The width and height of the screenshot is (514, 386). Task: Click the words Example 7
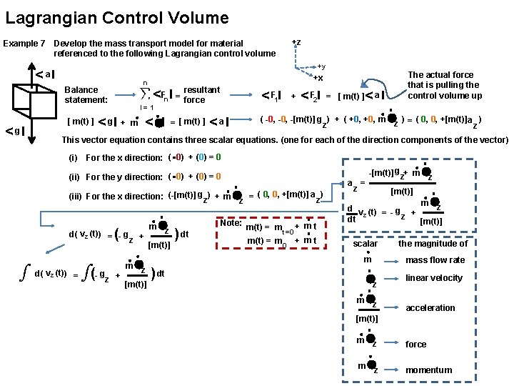(x=25, y=44)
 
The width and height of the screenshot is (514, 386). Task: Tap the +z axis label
(x=296, y=42)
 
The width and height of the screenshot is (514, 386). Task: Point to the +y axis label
(x=321, y=66)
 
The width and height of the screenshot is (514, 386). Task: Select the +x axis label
(x=318, y=78)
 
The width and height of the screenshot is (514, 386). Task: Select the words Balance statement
(x=86, y=94)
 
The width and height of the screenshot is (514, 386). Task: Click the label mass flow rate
(x=435, y=260)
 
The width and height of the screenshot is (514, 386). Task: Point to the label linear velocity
(x=433, y=278)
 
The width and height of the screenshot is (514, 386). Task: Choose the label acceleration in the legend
(x=430, y=308)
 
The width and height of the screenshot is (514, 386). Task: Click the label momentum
(x=428, y=370)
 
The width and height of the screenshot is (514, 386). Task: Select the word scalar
(x=366, y=244)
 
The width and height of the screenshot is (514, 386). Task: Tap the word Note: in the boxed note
(x=230, y=223)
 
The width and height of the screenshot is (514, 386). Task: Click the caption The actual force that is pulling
(x=444, y=85)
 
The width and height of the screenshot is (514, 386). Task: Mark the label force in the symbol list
(x=415, y=345)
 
